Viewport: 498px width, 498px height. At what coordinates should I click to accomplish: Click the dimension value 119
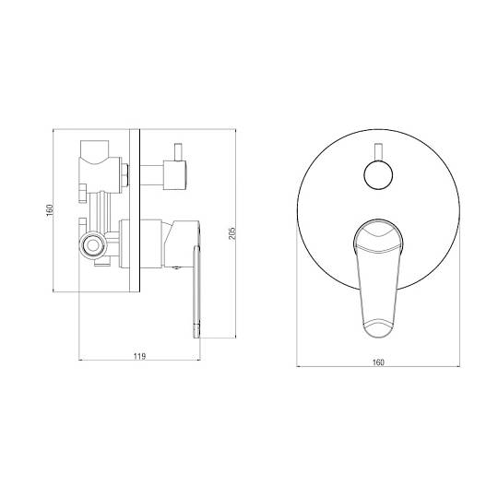[139, 356]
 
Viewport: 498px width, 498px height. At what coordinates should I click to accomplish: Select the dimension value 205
[232, 233]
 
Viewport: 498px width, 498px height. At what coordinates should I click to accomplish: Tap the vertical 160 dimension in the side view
[50, 210]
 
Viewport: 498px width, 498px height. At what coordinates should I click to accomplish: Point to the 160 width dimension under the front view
[378, 362]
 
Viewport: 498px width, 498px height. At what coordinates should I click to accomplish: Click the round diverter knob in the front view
[378, 175]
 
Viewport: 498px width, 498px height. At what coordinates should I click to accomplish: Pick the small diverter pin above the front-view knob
[378, 152]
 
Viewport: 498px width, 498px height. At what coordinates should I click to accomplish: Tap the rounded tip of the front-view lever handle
[378, 329]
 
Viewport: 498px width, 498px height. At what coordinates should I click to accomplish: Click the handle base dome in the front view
[378, 236]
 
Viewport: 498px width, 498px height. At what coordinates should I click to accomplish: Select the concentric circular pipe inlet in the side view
[93, 245]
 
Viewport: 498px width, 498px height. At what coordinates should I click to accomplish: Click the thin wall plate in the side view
[135, 210]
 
